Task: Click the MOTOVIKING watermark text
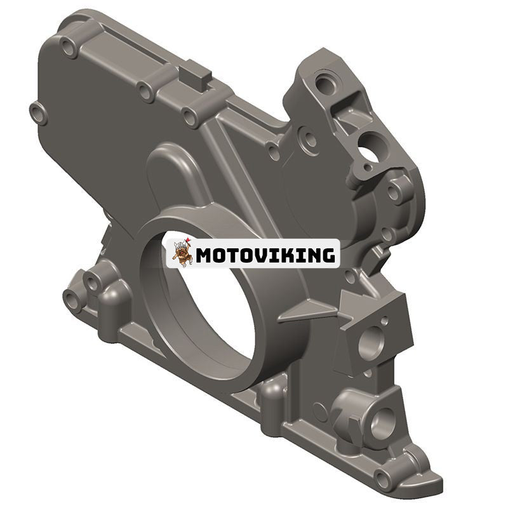pyautogui.click(x=265, y=255)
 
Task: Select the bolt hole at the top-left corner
pyautogui.click(x=69, y=47)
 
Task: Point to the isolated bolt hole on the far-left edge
pyautogui.click(x=39, y=113)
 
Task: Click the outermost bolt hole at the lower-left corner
pyautogui.click(x=72, y=298)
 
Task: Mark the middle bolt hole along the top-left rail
pyautogui.click(x=146, y=93)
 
